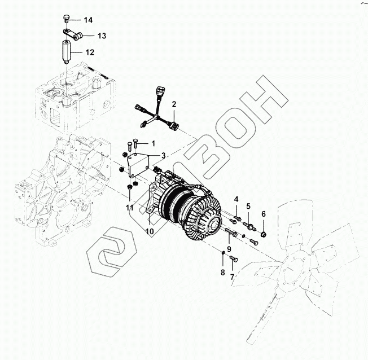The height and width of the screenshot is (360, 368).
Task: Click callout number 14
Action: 88,20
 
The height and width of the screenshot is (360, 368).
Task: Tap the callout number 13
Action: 102,36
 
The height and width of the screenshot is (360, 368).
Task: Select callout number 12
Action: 90,52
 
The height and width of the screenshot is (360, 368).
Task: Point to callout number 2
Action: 174,104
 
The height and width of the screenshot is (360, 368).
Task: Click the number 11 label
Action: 130,208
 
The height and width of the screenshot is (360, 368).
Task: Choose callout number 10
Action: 150,231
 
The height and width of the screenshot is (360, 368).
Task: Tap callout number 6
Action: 264,214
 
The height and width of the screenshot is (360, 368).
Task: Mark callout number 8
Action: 223,272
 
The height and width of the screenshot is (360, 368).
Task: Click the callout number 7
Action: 232,277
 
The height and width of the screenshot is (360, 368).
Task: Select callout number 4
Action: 236,199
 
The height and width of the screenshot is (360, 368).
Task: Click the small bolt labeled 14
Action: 66,18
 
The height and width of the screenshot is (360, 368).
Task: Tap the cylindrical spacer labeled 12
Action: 67,52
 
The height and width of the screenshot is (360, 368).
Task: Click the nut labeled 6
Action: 264,234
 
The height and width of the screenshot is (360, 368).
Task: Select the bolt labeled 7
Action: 234,259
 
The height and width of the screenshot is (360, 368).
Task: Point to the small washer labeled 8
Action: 224,253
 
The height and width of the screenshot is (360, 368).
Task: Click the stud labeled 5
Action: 249,226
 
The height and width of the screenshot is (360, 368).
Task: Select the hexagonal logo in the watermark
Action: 112,251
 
